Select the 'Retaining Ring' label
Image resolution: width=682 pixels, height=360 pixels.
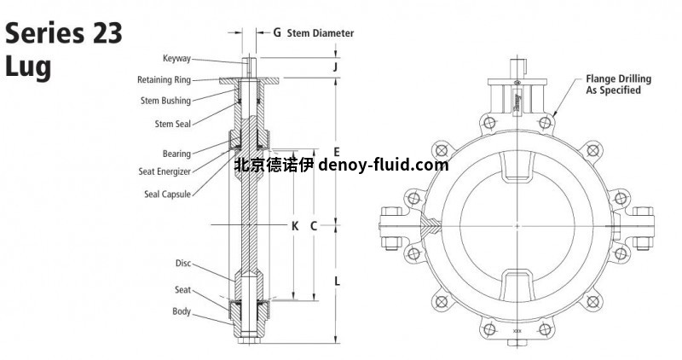[164, 79]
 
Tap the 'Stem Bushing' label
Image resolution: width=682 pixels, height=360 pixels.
[165, 101]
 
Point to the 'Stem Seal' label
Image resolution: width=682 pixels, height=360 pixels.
[171, 124]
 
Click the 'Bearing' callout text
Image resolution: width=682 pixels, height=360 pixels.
[176, 154]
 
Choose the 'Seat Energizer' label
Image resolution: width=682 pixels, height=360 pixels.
[165, 171]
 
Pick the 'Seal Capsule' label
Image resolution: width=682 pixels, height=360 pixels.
[168, 194]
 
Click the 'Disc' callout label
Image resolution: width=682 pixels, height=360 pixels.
[182, 263]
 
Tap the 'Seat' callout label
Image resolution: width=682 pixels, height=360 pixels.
[182, 289]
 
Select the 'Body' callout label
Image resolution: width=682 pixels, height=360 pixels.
[182, 311]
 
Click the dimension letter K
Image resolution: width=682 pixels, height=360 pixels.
[294, 226]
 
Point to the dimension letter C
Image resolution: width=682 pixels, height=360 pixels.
[314, 226]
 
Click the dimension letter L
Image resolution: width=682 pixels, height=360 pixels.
[337, 280]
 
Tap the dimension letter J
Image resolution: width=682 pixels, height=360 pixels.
[337, 65]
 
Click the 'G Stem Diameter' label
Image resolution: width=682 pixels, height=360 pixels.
[313, 33]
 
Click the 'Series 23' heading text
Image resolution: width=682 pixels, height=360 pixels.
[64, 34]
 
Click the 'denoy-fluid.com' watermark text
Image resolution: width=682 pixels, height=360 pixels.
[383, 165]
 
